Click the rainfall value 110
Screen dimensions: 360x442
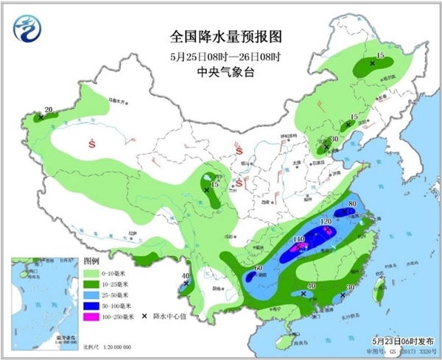299,240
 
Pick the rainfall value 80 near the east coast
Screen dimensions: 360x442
352,204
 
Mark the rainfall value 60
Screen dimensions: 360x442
259,268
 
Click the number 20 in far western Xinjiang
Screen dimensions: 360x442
49,110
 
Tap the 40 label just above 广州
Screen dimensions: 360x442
312,286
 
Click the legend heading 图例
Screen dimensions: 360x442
91,261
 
